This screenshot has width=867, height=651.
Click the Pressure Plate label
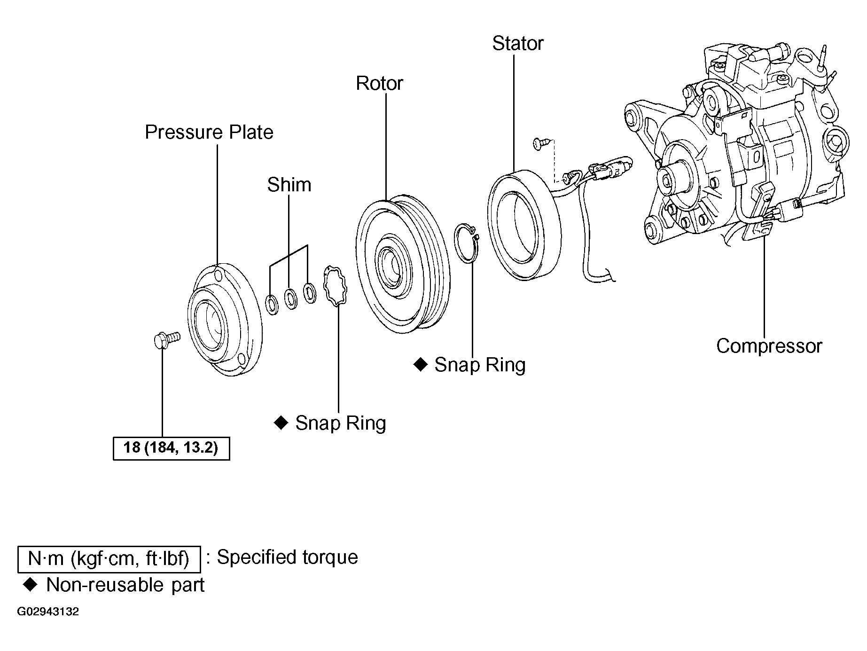click(209, 132)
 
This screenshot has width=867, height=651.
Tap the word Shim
click(289, 185)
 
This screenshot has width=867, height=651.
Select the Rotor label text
click(380, 83)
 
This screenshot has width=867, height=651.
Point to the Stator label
click(518, 44)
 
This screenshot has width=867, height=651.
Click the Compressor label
click(769, 346)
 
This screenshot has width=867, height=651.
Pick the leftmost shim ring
click(272, 304)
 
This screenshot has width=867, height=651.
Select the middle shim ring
click(291, 298)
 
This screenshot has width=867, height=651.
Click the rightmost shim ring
click(310, 293)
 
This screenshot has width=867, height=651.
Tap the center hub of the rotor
click(390, 267)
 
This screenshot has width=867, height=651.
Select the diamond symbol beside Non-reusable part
click(30, 585)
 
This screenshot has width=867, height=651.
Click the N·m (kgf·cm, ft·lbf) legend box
click(109, 559)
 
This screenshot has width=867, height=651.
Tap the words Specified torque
click(288, 558)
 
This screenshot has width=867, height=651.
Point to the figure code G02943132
click(48, 612)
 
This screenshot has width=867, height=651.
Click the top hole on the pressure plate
click(217, 276)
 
